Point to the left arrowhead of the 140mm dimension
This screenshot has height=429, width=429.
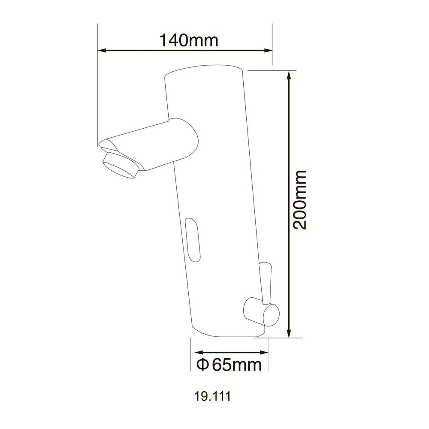tap(102, 51)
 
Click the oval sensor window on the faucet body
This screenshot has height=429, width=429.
tap(193, 239)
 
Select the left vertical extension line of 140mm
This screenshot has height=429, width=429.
tap(98, 86)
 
